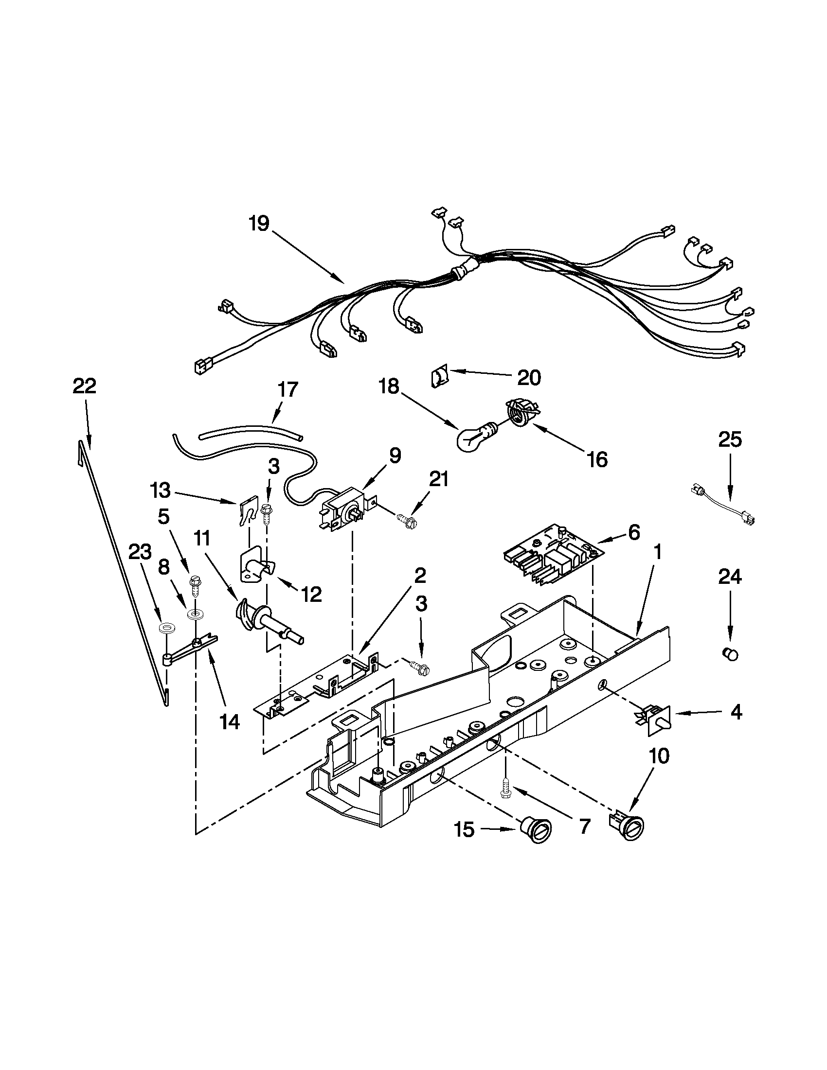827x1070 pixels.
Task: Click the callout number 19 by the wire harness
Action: [x=258, y=224]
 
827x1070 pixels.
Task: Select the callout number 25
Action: [x=729, y=439]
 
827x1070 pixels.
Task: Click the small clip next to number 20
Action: [x=439, y=378]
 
